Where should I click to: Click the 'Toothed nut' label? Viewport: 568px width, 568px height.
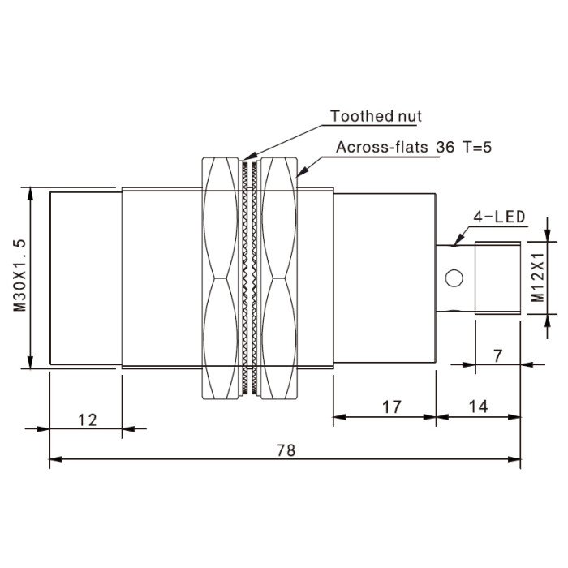tap(376, 116)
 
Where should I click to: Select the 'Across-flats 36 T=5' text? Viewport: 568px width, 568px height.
tap(414, 147)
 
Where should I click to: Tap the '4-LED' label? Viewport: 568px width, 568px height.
tap(499, 217)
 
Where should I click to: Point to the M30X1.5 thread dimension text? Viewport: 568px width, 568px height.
tap(20, 275)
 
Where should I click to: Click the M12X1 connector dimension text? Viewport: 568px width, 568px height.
tap(538, 278)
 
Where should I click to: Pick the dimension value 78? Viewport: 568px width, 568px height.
tap(286, 450)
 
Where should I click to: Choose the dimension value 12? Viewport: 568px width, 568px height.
tap(88, 420)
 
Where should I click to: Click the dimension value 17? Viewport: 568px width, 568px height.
tap(392, 407)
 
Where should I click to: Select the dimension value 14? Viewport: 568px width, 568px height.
tap(479, 407)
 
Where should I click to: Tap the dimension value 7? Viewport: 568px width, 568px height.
tap(498, 356)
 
